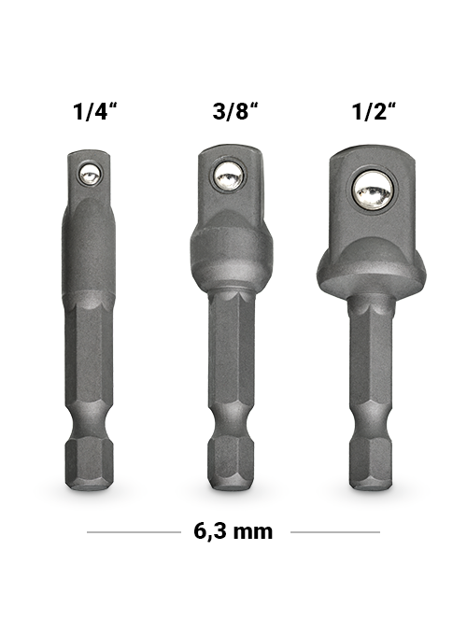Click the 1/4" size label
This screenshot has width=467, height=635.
[95, 111]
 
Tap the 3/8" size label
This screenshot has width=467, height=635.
[235, 111]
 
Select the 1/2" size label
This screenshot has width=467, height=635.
[375, 111]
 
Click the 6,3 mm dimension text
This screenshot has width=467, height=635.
[233, 531]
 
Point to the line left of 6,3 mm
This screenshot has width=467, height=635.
[134, 532]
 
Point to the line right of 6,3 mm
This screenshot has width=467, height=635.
[335, 532]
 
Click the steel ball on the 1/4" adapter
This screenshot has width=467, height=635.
[90, 175]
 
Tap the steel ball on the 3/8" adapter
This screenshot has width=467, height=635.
[230, 176]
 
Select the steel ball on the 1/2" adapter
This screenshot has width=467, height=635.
[373, 190]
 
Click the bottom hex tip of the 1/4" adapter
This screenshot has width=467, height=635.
[89, 466]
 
